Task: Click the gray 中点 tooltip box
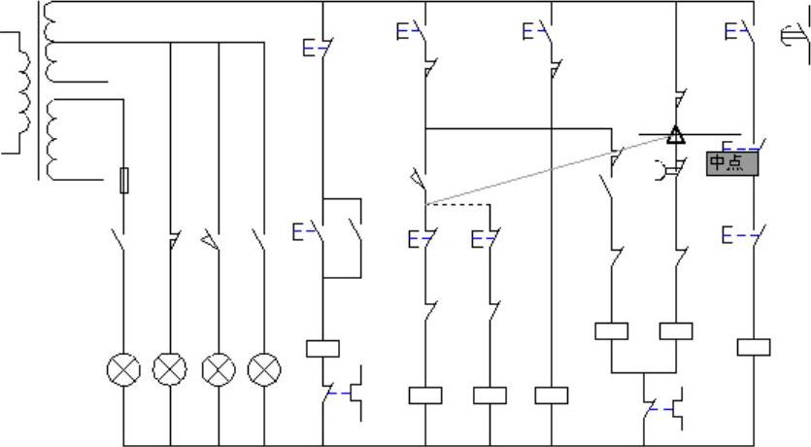click(x=731, y=163)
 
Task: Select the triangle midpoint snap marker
click(x=676, y=134)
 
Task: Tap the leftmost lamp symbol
click(x=123, y=369)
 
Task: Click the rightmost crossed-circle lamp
click(x=264, y=369)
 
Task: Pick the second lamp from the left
click(x=171, y=369)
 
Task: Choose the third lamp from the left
click(x=219, y=369)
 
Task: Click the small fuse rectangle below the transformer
click(x=123, y=180)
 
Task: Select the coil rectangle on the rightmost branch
click(x=754, y=347)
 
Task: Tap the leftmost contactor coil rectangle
click(x=322, y=348)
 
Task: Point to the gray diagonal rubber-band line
click(x=544, y=170)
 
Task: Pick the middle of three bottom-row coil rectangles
click(x=490, y=395)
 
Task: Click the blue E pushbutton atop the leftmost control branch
click(x=318, y=46)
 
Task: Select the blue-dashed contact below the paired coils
click(x=663, y=409)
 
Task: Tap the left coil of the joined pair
click(x=611, y=330)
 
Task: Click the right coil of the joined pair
click(x=676, y=330)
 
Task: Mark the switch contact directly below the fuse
click(x=120, y=239)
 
